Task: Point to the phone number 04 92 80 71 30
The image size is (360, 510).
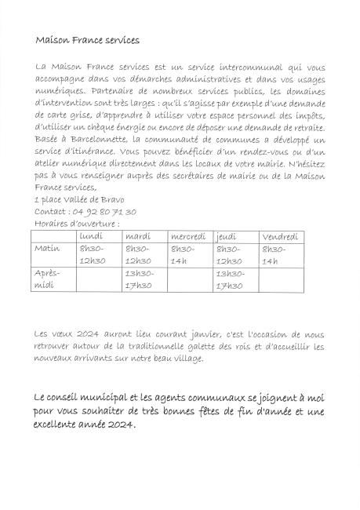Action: pyautogui.click(x=102, y=212)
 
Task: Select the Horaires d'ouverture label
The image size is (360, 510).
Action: pyautogui.click(x=77, y=223)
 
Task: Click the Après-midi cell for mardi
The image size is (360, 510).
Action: pyautogui.click(x=140, y=279)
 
